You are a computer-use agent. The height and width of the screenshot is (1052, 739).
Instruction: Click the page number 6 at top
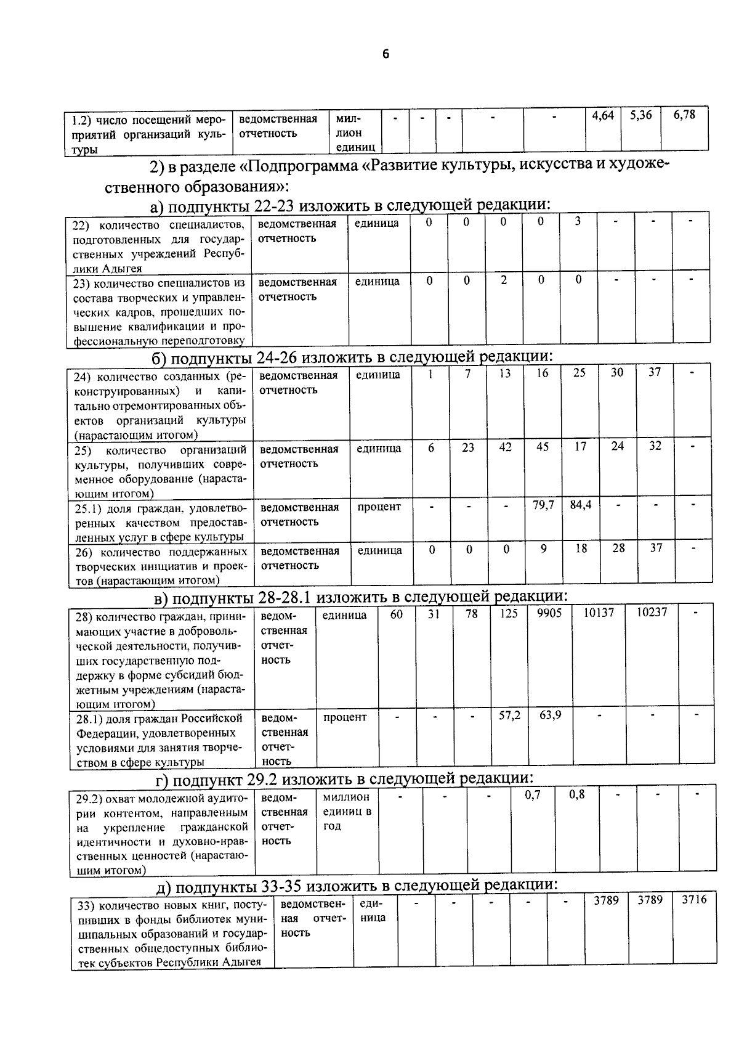386,54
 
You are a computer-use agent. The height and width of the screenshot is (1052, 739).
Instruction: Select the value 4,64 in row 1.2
603,115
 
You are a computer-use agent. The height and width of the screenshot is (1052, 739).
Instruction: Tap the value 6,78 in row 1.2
684,115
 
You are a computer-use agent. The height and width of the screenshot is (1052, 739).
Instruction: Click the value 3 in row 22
578,221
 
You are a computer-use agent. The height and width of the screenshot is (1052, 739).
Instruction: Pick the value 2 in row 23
504,280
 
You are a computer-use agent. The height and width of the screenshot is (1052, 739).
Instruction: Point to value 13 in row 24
504,373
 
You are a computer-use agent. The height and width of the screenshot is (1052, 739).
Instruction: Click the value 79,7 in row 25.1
543,505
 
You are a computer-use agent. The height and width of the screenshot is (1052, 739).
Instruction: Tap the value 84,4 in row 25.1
580,505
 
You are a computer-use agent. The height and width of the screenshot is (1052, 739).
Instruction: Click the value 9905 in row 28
549,614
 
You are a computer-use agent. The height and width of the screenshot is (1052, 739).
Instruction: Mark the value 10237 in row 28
652,614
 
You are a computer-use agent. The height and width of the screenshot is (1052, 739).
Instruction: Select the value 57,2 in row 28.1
509,716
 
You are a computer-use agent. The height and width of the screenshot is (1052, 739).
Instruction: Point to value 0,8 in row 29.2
577,795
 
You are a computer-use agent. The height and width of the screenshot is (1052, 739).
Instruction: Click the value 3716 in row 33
694,900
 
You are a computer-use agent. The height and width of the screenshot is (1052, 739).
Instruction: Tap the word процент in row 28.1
345,717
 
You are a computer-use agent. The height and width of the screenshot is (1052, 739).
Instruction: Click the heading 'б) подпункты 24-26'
352,357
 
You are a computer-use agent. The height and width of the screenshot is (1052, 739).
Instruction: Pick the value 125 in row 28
509,614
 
